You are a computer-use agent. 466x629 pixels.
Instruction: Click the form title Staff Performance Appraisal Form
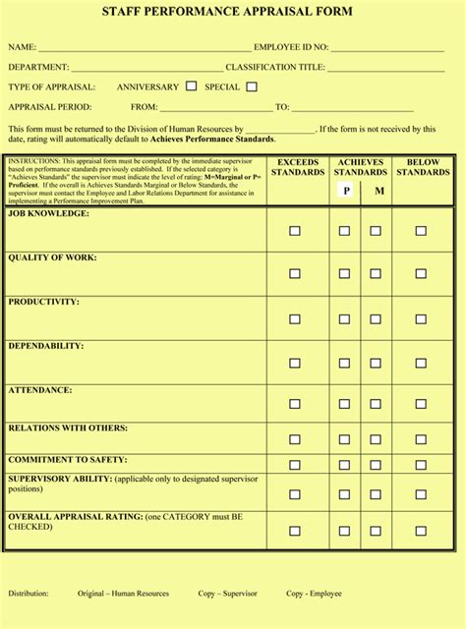point(233,12)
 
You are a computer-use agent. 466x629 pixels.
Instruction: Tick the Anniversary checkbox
point(191,86)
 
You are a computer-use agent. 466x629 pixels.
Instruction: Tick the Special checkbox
point(252,86)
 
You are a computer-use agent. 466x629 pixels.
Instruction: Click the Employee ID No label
point(291,47)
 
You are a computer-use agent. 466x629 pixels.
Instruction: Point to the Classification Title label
point(275,67)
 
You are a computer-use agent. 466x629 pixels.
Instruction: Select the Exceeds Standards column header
point(297,167)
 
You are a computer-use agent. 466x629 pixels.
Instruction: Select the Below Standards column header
point(423,167)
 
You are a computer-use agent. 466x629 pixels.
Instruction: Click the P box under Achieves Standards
point(346,191)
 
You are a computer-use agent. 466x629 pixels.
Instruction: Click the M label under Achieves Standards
point(379,191)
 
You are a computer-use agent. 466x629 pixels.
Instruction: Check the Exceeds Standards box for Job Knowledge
point(295,231)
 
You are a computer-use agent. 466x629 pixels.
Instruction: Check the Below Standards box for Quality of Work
point(421,275)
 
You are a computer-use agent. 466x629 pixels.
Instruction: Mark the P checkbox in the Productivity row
point(345,318)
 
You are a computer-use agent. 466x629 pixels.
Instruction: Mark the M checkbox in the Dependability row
point(377,363)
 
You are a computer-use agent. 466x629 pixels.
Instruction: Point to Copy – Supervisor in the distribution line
point(228,594)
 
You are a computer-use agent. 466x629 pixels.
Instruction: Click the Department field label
point(38,67)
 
